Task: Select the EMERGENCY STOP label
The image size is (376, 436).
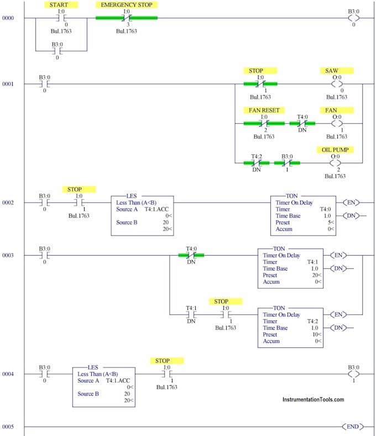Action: pyautogui.click(x=126, y=4)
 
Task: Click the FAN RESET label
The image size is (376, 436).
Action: pyautogui.click(x=264, y=110)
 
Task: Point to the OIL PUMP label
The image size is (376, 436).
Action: pyautogui.click(x=335, y=149)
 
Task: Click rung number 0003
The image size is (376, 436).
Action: pyautogui.click(x=8, y=255)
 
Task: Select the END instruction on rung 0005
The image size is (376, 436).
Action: pyautogui.click(x=352, y=427)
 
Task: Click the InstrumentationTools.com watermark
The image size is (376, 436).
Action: pyautogui.click(x=313, y=399)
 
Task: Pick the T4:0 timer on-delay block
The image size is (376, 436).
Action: pyautogui.click(x=303, y=215)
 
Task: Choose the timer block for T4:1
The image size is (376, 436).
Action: pyautogui.click(x=290, y=268)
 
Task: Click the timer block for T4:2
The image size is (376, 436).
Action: pyautogui.click(x=290, y=327)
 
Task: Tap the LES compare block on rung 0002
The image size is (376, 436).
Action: pyautogui.click(x=142, y=215)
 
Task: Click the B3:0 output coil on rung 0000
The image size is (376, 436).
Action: pyautogui.click(x=352, y=18)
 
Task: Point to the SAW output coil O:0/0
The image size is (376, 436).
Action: pyautogui.click(x=337, y=84)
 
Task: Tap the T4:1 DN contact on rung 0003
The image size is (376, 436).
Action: pyautogui.click(x=191, y=314)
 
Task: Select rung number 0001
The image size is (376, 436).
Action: pyautogui.click(x=8, y=84)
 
